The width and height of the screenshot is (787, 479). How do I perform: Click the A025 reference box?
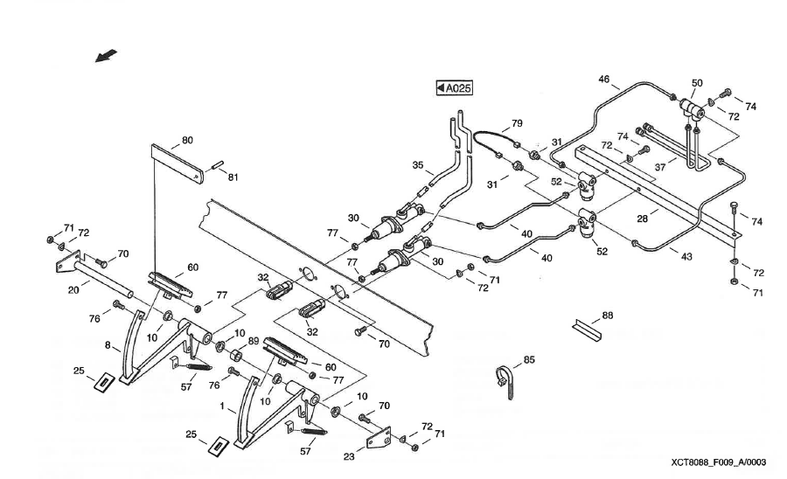point(454,87)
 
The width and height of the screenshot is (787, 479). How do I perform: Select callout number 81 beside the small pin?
point(233,177)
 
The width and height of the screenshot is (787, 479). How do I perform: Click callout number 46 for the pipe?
point(603,80)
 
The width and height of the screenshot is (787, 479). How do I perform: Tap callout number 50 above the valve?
point(697,83)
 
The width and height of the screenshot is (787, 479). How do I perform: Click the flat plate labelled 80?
point(179,162)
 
